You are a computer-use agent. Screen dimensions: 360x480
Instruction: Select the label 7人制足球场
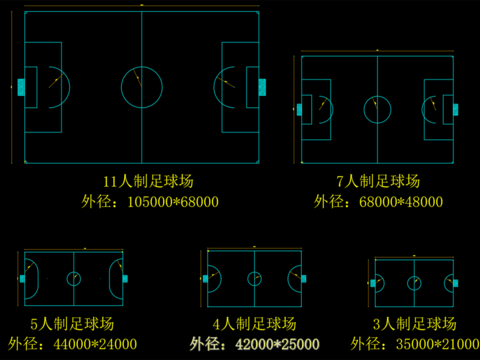[x=378, y=181]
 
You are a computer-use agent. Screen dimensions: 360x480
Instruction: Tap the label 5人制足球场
[x=72, y=323]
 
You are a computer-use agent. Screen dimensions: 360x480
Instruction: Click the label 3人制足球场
[x=414, y=323]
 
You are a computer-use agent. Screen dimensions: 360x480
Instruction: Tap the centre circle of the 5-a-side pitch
[x=73, y=279]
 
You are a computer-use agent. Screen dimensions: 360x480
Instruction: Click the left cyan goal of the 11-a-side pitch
[x=19, y=86]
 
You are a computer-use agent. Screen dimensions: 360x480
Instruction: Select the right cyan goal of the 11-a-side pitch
[x=262, y=86]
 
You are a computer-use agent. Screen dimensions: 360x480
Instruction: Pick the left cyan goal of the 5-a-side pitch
[x=20, y=279]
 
